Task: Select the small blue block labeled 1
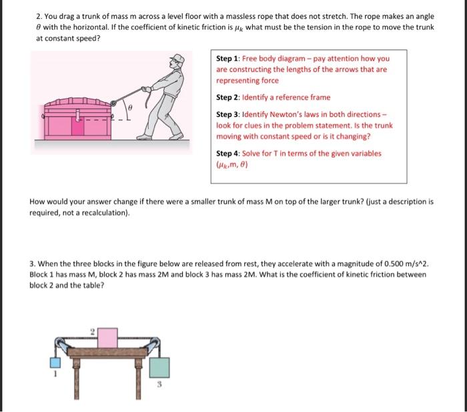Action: [56, 362]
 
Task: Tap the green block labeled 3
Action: [159, 367]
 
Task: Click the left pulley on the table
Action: [61, 344]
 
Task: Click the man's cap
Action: [177, 58]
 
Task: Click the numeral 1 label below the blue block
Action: [56, 375]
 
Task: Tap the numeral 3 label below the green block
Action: [159, 385]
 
